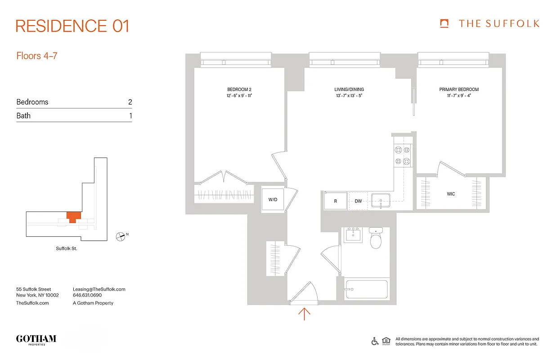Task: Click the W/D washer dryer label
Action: (x=273, y=199)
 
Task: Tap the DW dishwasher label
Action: (x=358, y=201)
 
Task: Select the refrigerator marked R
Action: (x=335, y=201)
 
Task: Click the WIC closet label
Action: (x=451, y=194)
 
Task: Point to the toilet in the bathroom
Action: (x=376, y=238)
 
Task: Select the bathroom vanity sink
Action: (x=353, y=235)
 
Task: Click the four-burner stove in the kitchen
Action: (x=402, y=156)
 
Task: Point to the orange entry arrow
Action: (x=305, y=314)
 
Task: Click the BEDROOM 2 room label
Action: (x=239, y=90)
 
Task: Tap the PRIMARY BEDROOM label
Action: (x=459, y=90)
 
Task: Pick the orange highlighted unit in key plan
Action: (x=73, y=216)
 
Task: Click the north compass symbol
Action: (x=121, y=235)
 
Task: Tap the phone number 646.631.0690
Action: (x=87, y=296)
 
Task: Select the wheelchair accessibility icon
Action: (x=375, y=341)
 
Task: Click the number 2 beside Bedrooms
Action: (x=130, y=102)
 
